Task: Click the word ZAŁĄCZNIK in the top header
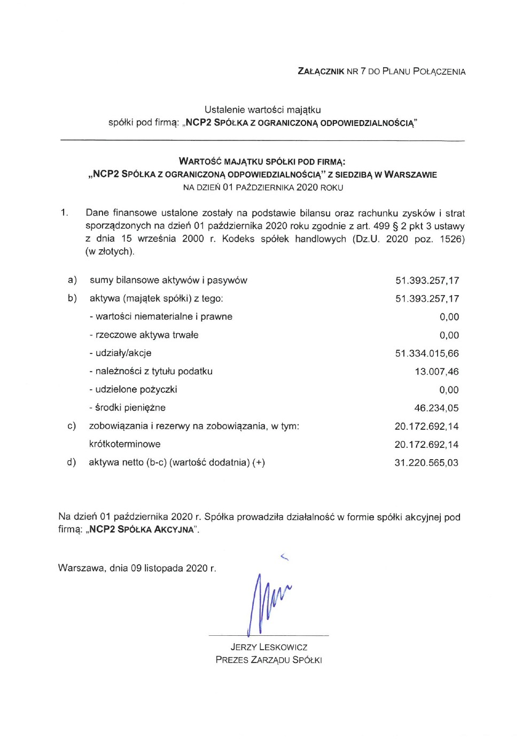click(x=321, y=72)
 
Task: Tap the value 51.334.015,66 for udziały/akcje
click(x=426, y=353)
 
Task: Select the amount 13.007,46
click(x=437, y=372)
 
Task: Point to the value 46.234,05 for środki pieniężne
click(x=436, y=408)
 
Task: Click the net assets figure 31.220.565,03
click(x=426, y=463)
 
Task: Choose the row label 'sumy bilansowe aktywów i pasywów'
click(x=168, y=280)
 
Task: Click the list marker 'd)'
click(x=72, y=462)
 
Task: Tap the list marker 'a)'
click(x=72, y=280)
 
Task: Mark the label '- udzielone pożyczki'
click(x=133, y=390)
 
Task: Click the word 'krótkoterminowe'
click(x=124, y=444)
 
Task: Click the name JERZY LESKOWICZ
click(x=269, y=648)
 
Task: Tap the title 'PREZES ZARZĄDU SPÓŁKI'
click(x=269, y=660)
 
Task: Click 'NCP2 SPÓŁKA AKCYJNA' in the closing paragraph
click(x=142, y=530)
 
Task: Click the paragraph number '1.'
click(x=64, y=213)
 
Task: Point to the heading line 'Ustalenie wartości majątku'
click(x=262, y=110)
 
